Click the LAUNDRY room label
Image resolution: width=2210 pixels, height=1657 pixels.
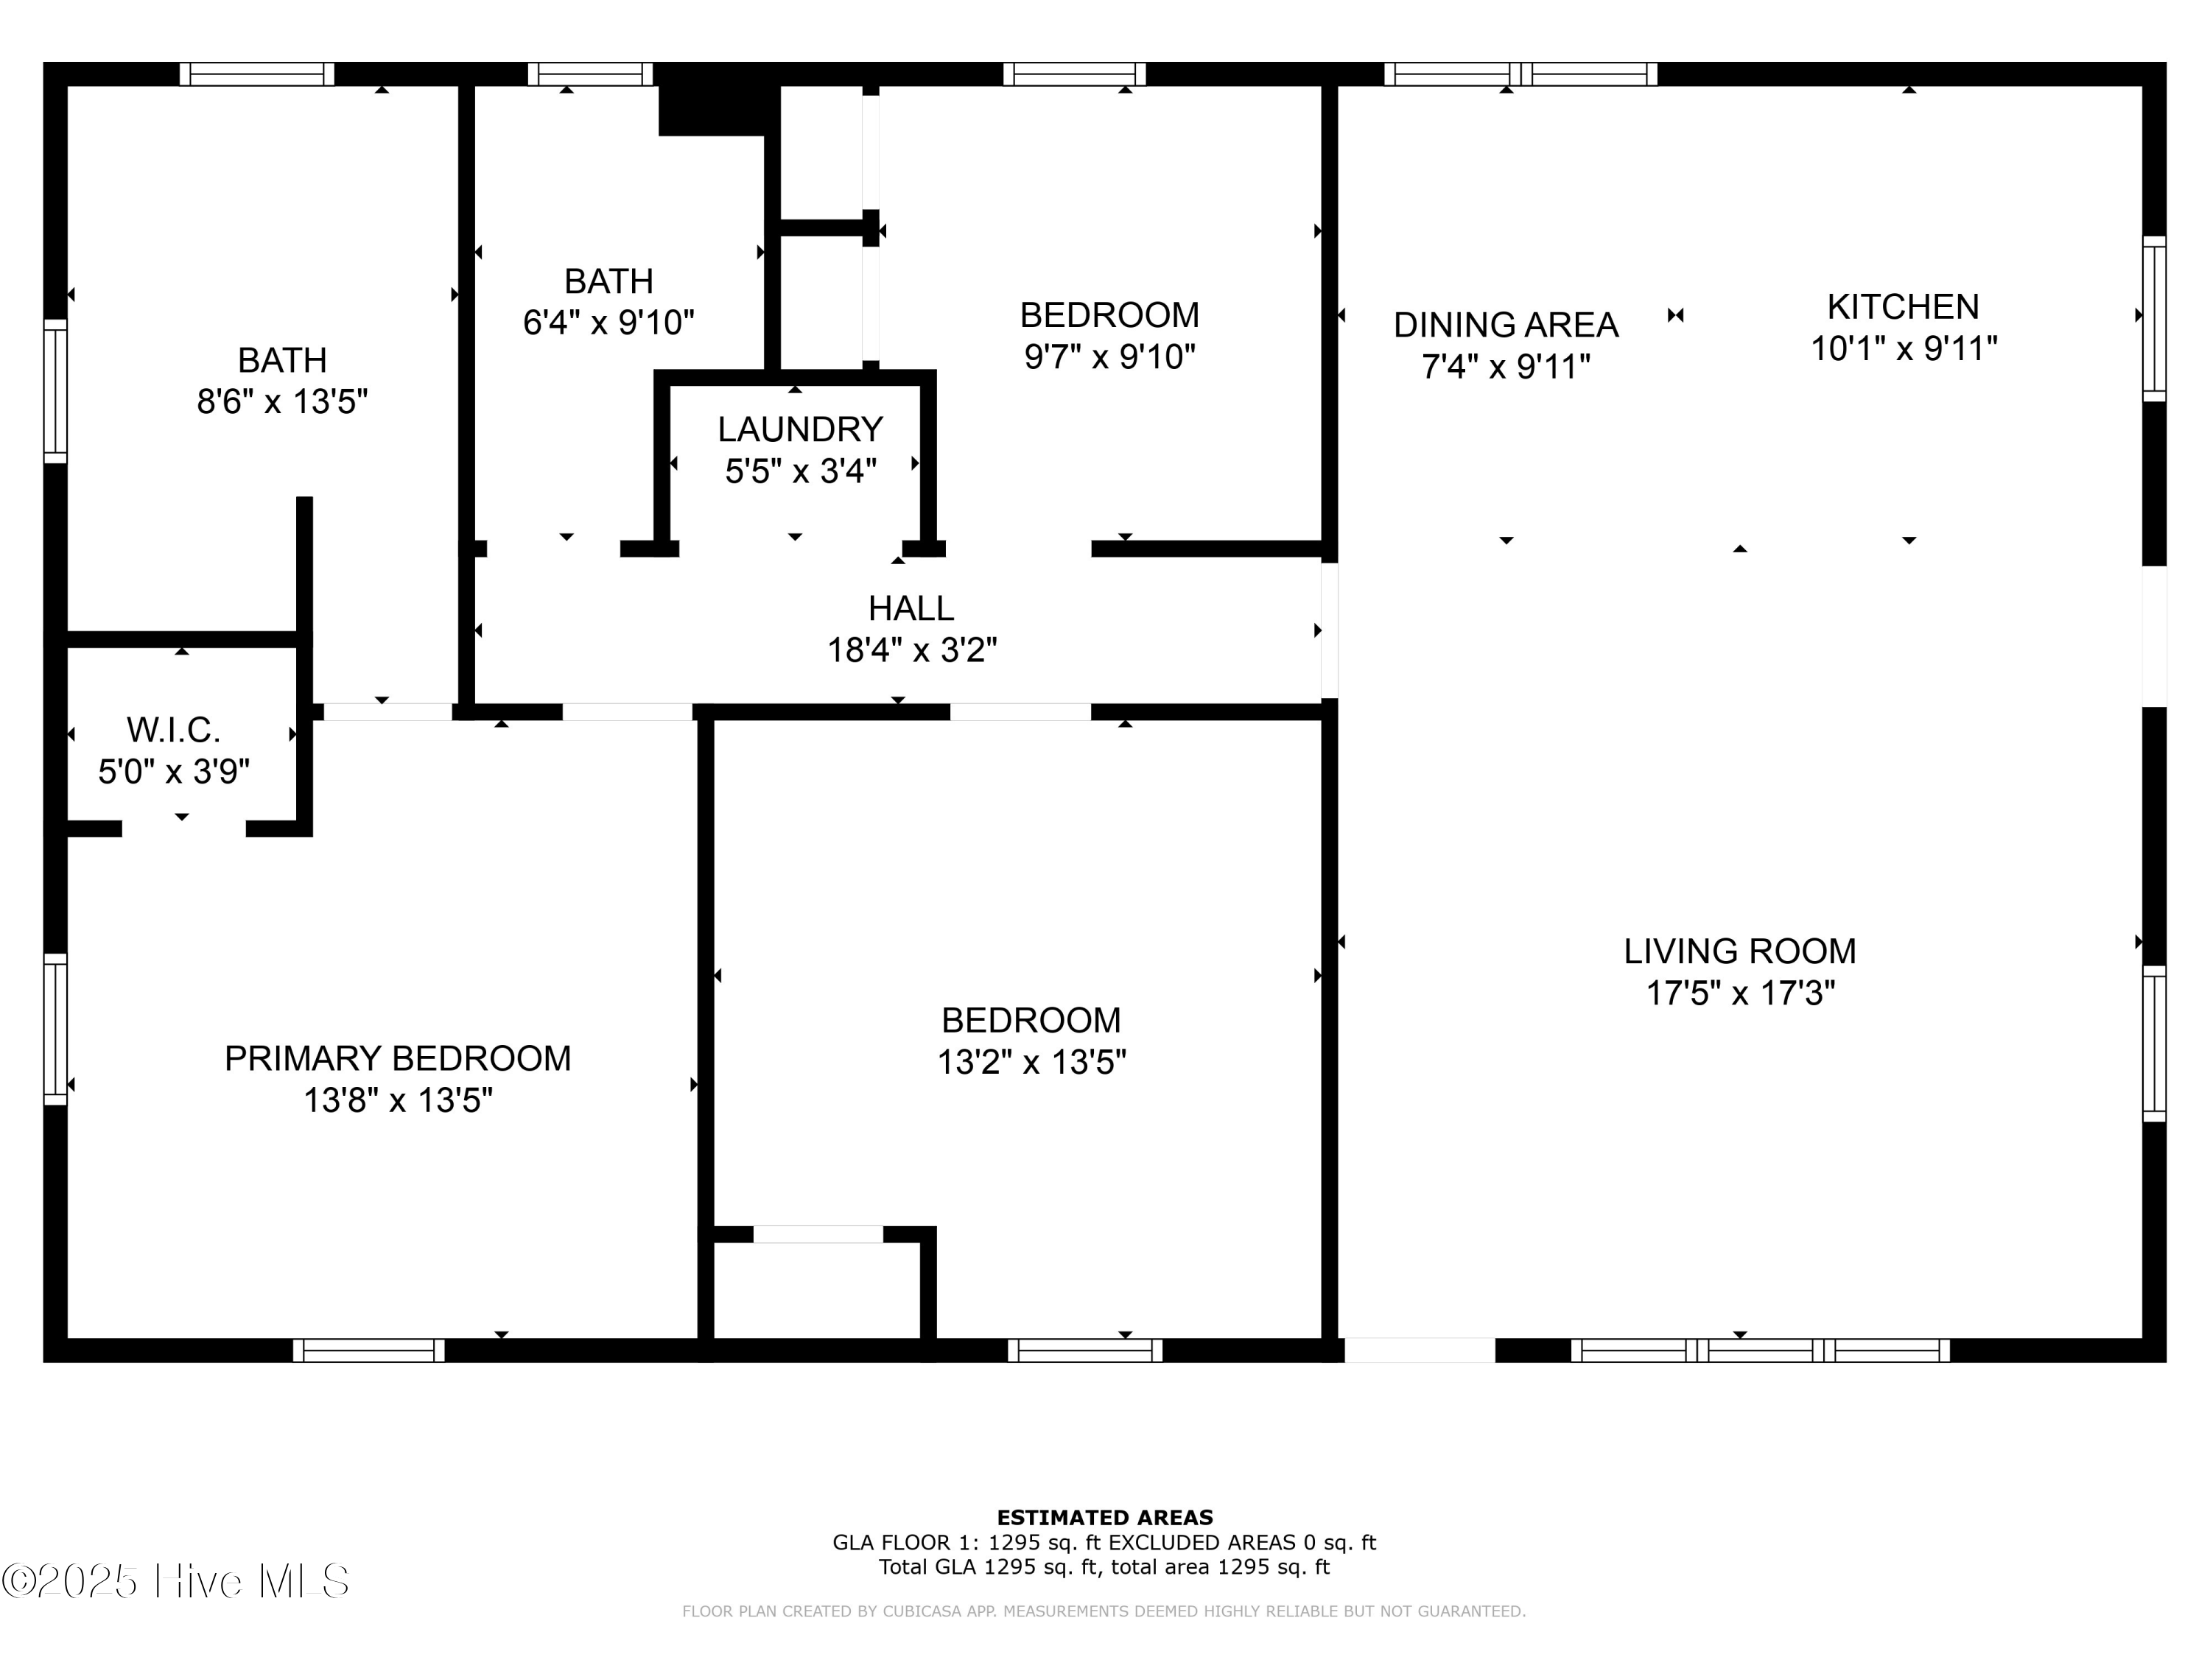800,429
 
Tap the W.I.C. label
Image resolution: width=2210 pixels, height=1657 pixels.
173,730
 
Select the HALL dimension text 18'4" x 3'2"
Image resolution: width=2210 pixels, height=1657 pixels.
911,651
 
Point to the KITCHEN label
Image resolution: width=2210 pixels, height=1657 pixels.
1902,306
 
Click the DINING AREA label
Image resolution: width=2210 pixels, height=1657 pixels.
1506,326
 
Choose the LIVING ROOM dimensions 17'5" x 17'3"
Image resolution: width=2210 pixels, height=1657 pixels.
1739,993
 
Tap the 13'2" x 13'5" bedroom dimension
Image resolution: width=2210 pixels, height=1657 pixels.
1031,1063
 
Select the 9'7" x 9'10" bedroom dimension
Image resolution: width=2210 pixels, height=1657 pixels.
1109,356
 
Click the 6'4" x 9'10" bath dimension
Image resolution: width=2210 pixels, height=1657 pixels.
608,323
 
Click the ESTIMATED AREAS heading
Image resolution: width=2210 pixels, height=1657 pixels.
1104,1518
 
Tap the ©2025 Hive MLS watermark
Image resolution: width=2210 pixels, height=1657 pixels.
176,1581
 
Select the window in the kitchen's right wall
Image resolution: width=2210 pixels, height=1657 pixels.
2154,319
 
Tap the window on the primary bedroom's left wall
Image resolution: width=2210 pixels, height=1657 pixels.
55,1030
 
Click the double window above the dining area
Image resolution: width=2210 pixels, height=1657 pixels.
1520,74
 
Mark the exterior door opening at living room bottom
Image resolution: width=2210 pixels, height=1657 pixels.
1419,1351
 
